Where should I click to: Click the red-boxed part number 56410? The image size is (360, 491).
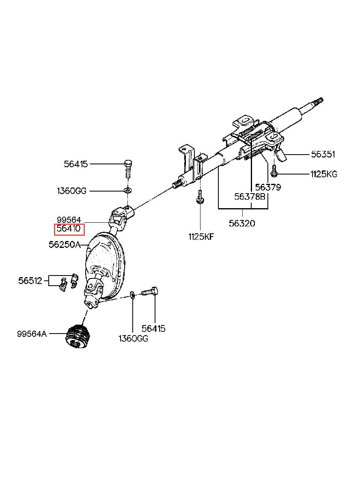point(69,229)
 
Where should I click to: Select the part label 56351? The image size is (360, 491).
point(323,154)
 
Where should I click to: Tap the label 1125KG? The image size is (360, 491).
point(323,174)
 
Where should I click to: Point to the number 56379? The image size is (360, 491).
point(268,187)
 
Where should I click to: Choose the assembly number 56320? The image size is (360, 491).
point(242,223)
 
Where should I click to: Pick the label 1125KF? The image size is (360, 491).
point(200,237)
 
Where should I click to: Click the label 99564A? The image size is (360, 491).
point(32,334)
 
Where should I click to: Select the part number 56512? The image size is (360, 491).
point(30,280)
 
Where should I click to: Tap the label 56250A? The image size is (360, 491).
point(64,245)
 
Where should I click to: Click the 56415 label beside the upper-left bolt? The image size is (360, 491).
point(75,164)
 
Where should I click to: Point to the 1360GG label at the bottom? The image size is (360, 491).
point(133,338)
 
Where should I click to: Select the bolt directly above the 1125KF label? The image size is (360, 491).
point(200,198)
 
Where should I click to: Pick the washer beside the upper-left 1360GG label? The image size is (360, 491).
point(127,190)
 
